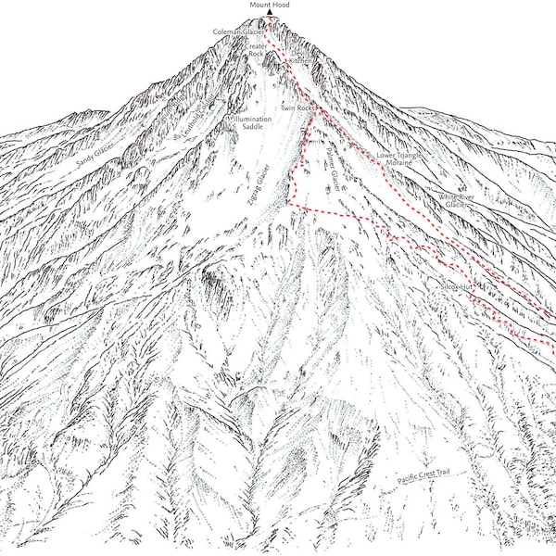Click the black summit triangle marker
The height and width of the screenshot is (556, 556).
(x=270, y=13)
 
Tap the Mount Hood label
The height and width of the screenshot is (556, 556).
(x=270, y=5)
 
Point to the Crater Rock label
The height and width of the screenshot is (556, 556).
(x=256, y=49)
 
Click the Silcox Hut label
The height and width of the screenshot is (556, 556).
(x=458, y=288)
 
